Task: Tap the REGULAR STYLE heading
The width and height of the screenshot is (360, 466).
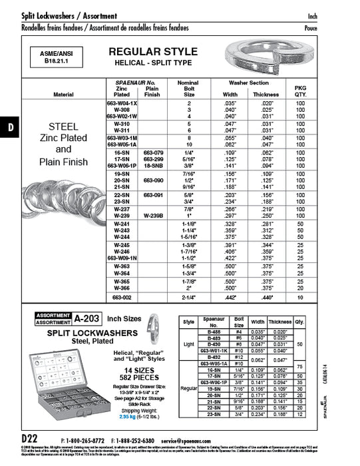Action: click(x=153, y=52)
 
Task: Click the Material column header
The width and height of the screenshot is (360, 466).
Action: click(x=63, y=95)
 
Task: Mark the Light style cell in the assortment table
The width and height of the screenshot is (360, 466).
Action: click(x=188, y=345)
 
